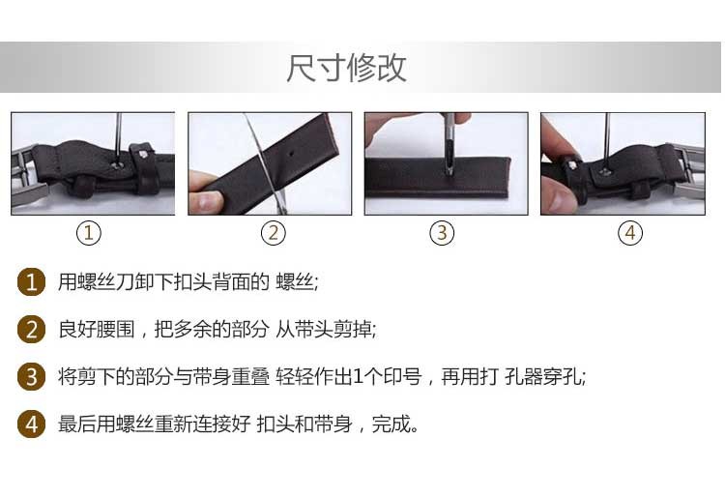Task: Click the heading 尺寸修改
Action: tap(346, 68)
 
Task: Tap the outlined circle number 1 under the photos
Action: tap(88, 233)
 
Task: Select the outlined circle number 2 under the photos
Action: tap(274, 233)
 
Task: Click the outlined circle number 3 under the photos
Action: tap(442, 233)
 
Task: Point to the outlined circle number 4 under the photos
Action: tap(630, 233)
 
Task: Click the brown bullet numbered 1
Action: tap(31, 281)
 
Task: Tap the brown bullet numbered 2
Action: tap(31, 329)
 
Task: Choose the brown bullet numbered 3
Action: tap(31, 376)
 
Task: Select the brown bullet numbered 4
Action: tap(31, 424)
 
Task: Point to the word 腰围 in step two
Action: tap(116, 329)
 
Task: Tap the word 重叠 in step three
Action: tap(250, 376)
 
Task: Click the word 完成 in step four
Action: tap(391, 424)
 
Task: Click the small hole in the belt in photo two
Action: tap(290, 152)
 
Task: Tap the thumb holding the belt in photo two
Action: tap(206, 201)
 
